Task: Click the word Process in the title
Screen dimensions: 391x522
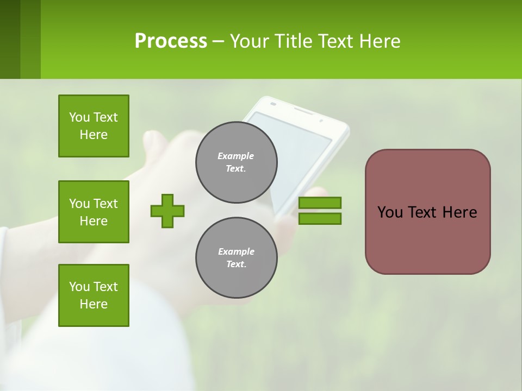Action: click(171, 41)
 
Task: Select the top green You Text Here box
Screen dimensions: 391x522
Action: click(94, 126)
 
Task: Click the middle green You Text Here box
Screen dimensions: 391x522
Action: click(94, 212)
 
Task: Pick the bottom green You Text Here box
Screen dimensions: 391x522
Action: click(94, 295)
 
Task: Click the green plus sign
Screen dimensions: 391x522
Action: click(167, 211)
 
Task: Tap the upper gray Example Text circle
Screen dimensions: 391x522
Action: click(236, 162)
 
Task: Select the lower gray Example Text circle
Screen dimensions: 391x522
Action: click(236, 258)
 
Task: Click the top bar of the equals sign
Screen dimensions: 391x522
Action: click(320, 203)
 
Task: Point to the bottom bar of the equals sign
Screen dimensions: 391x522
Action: click(320, 218)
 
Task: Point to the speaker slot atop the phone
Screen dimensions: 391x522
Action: click(302, 110)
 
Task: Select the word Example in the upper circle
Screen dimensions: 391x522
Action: click(236, 156)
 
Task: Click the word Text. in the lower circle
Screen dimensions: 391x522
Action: click(236, 264)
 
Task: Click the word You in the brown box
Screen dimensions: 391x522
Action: click(390, 212)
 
